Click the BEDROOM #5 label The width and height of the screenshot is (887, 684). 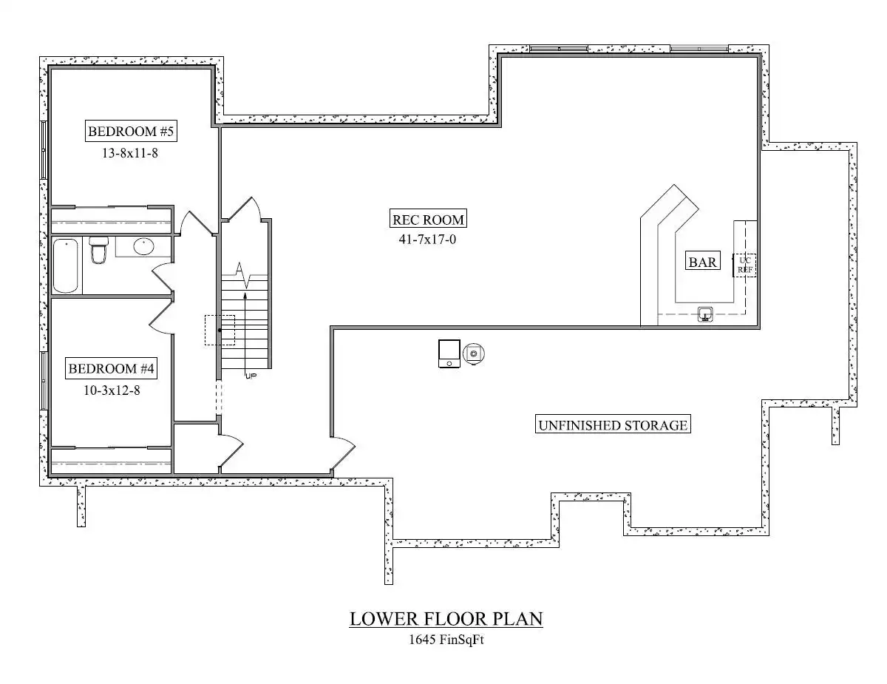coord(131,131)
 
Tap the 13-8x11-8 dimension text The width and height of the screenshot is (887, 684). coord(130,153)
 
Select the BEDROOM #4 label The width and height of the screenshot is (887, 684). coord(111,369)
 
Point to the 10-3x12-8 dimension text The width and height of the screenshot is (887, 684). coord(112,390)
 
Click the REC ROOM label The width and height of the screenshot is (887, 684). coord(428,220)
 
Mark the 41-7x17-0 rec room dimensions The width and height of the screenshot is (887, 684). coord(427,240)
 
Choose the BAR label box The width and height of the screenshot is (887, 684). coord(702,262)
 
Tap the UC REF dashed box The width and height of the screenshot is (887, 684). coord(744,265)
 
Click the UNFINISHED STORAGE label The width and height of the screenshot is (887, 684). coord(613,425)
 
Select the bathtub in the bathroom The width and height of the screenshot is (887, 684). coord(65,266)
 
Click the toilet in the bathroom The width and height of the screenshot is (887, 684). coord(99,249)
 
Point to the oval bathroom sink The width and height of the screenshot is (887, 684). coord(143,246)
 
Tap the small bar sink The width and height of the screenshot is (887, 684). coord(705,314)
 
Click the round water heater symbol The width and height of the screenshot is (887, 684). coord(474,353)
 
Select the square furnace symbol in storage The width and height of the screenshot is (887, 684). coord(449,353)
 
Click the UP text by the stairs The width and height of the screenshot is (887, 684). coord(251,376)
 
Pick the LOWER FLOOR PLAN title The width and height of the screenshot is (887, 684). coord(446,619)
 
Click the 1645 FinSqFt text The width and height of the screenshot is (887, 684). coord(446,639)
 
